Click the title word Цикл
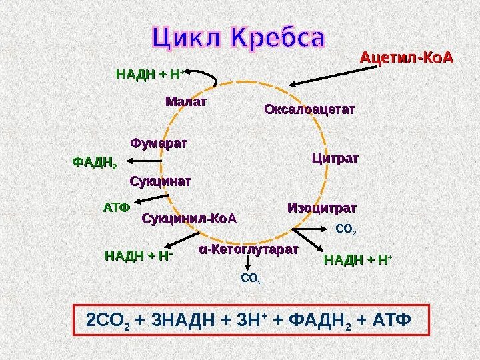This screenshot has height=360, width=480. point(190,38)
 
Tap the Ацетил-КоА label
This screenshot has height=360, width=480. point(406,60)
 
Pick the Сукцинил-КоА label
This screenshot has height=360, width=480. point(190,219)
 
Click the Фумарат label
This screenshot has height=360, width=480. point(159,143)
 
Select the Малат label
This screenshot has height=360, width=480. point(186,102)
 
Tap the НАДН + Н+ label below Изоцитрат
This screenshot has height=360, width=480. point(357,259)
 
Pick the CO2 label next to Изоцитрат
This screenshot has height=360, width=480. point(346,231)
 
